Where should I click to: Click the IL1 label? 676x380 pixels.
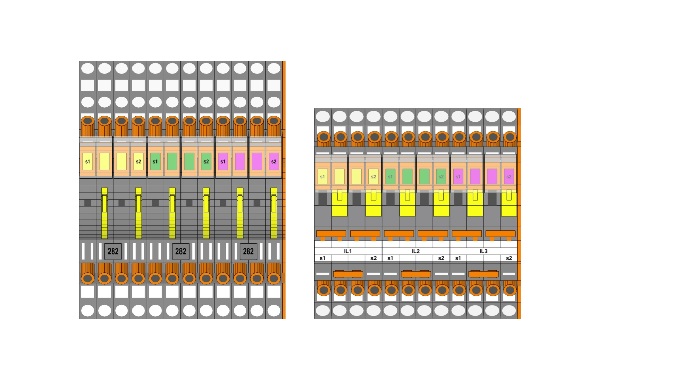coord(348,251)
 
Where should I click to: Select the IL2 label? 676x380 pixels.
coord(416,251)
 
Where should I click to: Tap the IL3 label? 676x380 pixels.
coord(484,251)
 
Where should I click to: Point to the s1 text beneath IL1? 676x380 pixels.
coord(322,258)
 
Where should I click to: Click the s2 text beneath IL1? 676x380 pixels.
coord(373,258)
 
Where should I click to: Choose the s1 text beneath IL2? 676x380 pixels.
coord(390,258)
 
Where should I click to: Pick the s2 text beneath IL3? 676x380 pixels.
coord(509,258)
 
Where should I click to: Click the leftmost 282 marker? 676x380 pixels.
coord(113,251)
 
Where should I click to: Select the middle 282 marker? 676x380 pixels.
coord(181,251)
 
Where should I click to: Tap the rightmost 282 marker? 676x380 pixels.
coord(248,251)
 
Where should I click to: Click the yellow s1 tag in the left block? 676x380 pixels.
coord(88,162)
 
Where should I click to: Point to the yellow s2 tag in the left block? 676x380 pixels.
coord(139,162)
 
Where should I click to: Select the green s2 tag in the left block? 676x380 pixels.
coord(206,162)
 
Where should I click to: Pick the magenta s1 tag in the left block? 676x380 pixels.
coord(223,162)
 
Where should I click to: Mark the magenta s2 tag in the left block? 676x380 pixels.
coord(274,162)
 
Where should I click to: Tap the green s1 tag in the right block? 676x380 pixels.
coord(390,177)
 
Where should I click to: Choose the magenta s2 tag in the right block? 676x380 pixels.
coord(509,177)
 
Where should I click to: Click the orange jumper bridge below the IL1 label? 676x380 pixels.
coord(348,274)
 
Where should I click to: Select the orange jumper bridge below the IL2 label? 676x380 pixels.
coord(416,274)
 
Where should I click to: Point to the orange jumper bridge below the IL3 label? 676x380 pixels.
coord(484,274)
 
